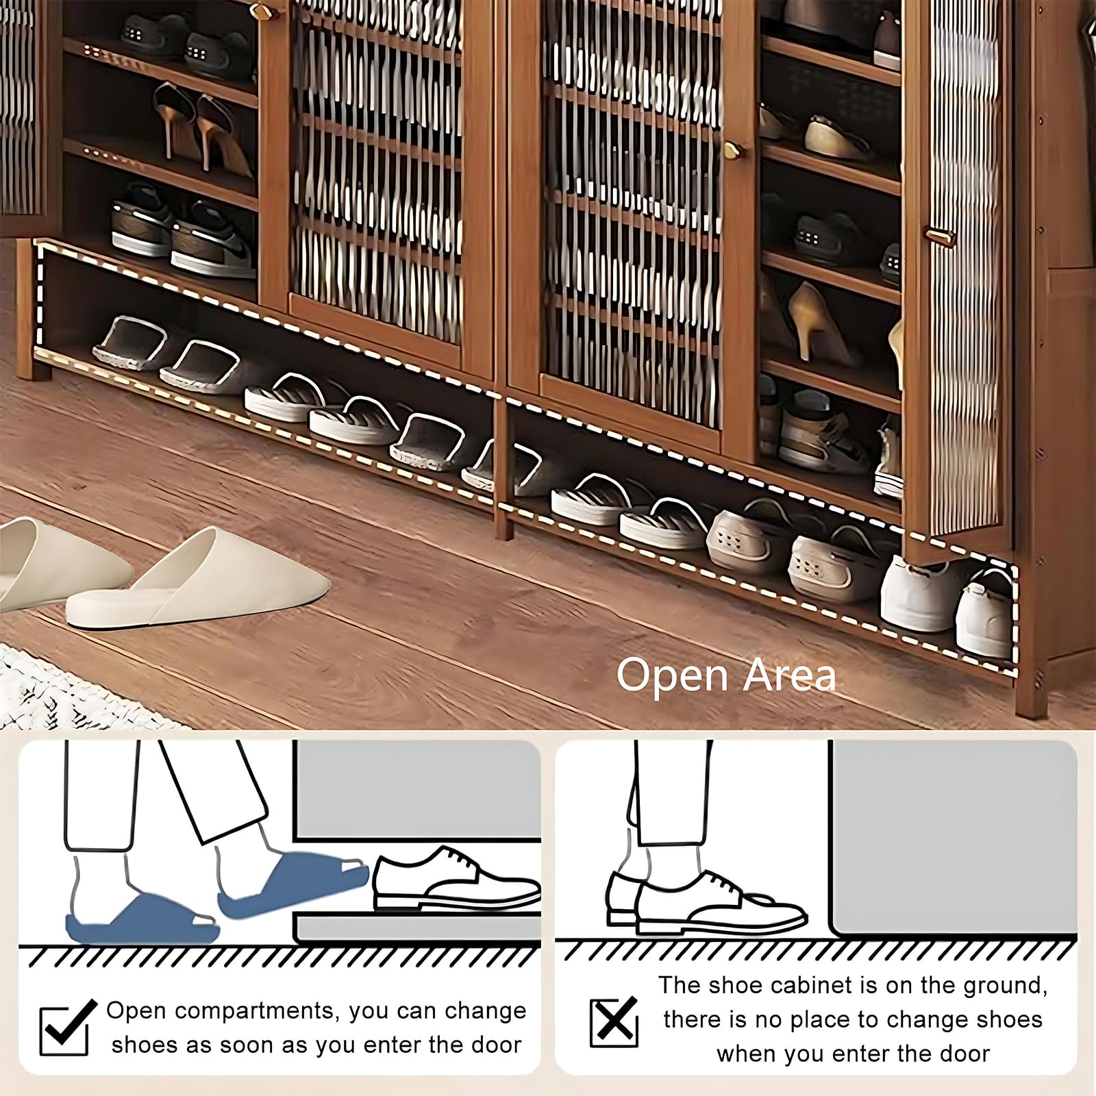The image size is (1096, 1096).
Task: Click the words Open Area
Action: click(726, 675)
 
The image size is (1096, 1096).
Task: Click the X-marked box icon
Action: click(614, 1022)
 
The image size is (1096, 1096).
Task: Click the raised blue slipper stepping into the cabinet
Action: click(293, 884)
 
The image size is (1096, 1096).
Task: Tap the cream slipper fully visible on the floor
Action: click(199, 582)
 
